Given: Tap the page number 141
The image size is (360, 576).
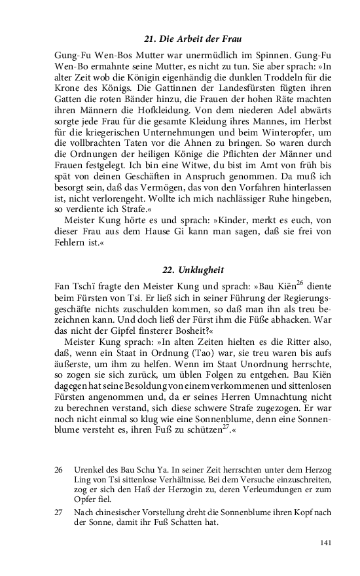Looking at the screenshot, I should (x=325, y=543).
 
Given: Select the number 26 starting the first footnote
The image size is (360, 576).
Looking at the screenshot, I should (x=59, y=470).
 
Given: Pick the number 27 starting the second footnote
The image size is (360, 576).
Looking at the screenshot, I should (x=59, y=513).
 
